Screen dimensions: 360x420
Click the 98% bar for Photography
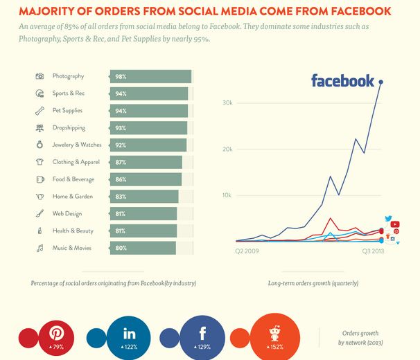[150, 76]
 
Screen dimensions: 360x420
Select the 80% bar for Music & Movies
[143, 248]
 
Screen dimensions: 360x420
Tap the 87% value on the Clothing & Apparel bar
[121, 162]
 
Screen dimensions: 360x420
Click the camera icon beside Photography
[40, 76]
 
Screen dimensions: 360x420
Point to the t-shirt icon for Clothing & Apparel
[40, 162]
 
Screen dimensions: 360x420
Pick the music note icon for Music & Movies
[40, 248]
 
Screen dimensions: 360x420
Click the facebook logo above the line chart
[342, 81]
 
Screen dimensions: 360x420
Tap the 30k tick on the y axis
[227, 103]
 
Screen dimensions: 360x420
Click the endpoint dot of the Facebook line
[381, 82]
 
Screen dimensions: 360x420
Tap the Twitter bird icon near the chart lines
[389, 219]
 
